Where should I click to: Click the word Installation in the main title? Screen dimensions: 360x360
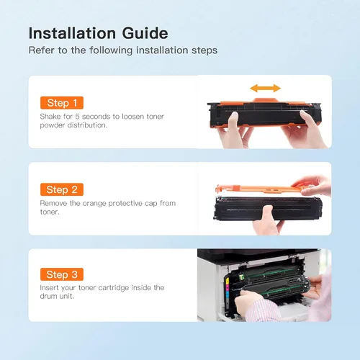click(x=72, y=33)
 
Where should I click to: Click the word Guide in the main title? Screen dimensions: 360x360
click(x=145, y=33)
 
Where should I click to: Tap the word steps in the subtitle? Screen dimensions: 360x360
click(x=204, y=50)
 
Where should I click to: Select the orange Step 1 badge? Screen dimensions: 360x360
click(x=62, y=103)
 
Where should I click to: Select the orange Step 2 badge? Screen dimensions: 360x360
click(x=62, y=189)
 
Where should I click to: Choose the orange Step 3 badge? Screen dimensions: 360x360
click(x=62, y=274)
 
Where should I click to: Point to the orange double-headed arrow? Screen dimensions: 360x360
click(x=266, y=89)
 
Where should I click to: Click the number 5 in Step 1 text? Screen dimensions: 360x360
click(x=77, y=117)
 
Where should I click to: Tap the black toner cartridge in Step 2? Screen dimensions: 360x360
click(x=268, y=208)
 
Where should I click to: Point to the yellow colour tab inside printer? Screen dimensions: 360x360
click(x=228, y=281)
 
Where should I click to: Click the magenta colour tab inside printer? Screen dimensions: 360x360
click(x=228, y=287)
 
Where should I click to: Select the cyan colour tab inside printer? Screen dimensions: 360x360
click(x=228, y=294)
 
